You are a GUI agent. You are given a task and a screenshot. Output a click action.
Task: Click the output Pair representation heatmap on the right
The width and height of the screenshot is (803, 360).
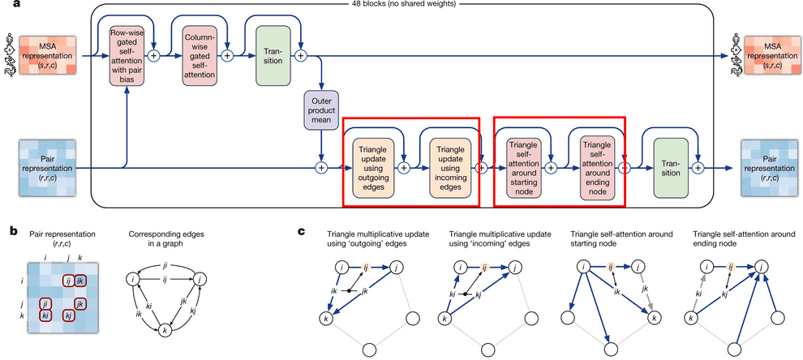coord(767,167)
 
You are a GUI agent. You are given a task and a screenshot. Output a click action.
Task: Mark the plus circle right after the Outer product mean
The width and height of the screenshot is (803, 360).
coord(321,168)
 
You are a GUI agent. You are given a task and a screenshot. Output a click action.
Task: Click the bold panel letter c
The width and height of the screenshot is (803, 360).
coord(302,232)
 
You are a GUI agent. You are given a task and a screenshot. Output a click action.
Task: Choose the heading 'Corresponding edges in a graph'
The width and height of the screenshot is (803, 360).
coord(167,238)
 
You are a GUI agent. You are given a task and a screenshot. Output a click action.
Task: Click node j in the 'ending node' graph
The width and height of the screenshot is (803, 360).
coord(761,266)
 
